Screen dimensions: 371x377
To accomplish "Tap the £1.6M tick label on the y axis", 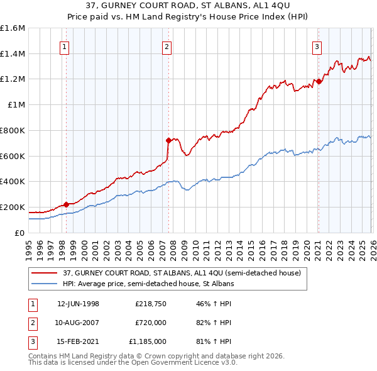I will click(13, 28).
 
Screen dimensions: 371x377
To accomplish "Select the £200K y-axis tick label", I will click(13, 207).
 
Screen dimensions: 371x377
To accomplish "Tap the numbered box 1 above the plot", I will click(65, 46).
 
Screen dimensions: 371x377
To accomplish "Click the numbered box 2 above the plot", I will click(167, 46).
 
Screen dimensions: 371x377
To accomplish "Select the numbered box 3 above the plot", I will click(317, 46).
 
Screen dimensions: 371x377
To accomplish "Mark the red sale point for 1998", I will click(66, 204).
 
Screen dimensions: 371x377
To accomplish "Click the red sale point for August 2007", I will click(168, 140).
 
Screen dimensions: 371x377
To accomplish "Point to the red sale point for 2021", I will click(319, 81).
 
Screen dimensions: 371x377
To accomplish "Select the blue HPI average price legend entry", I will click(148, 284).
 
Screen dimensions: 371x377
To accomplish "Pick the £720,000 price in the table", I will click(150, 323).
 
